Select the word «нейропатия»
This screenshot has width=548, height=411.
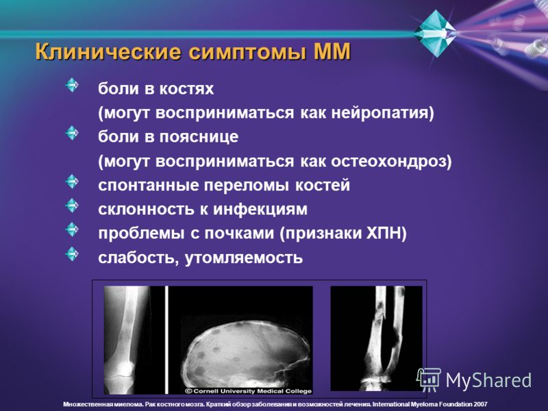point(382,113)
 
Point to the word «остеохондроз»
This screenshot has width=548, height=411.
point(391,162)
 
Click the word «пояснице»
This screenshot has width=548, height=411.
point(199,136)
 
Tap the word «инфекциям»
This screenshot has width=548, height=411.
point(260,210)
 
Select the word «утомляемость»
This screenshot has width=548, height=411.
point(244,258)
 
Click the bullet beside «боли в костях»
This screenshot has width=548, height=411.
point(72,85)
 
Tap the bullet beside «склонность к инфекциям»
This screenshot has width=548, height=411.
point(72,206)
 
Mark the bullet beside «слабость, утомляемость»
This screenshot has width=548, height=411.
point(72,254)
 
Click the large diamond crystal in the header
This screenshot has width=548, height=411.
point(435,33)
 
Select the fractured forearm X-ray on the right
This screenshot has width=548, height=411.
point(376,338)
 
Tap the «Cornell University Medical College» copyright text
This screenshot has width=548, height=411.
point(248,391)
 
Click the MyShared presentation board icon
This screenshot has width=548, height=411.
point(429,380)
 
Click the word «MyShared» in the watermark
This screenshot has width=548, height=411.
point(488,380)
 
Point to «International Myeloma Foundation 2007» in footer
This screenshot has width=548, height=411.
point(430,404)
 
